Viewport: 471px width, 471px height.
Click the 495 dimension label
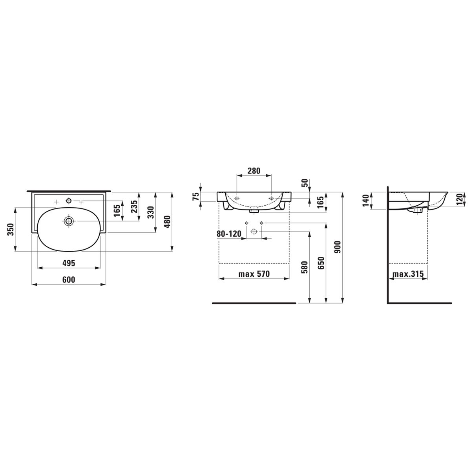pos(69,263)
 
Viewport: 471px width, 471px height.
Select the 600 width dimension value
pos(69,279)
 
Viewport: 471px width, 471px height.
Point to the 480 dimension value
pos(168,222)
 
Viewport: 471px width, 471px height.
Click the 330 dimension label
pos(151,212)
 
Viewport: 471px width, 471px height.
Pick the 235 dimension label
pos(135,206)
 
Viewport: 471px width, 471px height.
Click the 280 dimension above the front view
pos(254,171)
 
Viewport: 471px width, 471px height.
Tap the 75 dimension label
pos(196,197)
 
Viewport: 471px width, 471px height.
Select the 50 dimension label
pos(305,183)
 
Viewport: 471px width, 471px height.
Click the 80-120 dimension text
pos(229,234)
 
